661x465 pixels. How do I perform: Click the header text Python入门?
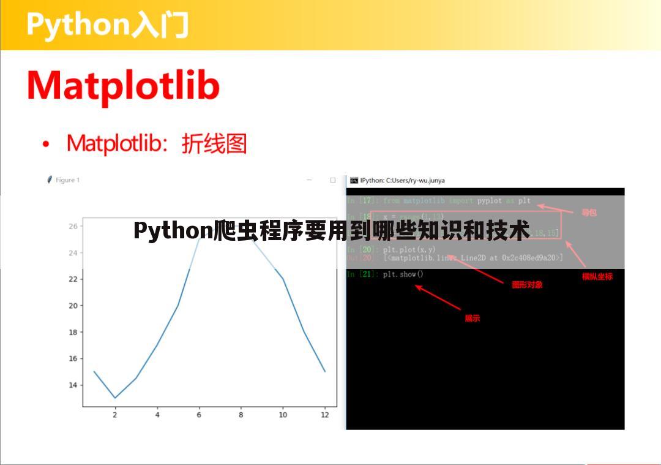pyautogui.click(x=107, y=25)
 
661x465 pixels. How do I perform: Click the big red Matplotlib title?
pyautogui.click(x=123, y=86)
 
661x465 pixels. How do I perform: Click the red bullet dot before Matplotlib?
pyautogui.click(x=46, y=145)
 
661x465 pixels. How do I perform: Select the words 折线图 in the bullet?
pyautogui.click(x=214, y=144)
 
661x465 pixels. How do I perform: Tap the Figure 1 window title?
pyautogui.click(x=67, y=180)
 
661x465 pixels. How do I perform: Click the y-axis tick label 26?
pyautogui.click(x=73, y=226)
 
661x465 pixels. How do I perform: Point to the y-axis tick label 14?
pyautogui.click(x=73, y=385)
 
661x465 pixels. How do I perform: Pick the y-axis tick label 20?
pyautogui.click(x=73, y=306)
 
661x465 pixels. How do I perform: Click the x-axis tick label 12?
pyautogui.click(x=324, y=415)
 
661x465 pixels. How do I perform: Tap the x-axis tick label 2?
pyautogui.click(x=114, y=415)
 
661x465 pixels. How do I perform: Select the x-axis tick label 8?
pyautogui.click(x=241, y=415)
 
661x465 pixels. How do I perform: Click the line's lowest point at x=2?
pyautogui.click(x=115, y=398)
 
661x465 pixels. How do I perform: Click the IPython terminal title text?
pyautogui.click(x=402, y=181)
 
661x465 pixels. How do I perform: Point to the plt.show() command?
pyautogui.click(x=403, y=274)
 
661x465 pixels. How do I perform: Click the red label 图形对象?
pyautogui.click(x=527, y=285)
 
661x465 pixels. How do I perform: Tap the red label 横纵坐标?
pyautogui.click(x=597, y=277)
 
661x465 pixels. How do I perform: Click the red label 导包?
pyautogui.click(x=589, y=213)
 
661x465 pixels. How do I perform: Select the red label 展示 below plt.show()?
pyautogui.click(x=472, y=319)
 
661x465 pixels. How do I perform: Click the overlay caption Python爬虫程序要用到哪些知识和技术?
pyautogui.click(x=331, y=232)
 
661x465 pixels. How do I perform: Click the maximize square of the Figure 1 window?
pyautogui.click(x=333, y=180)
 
